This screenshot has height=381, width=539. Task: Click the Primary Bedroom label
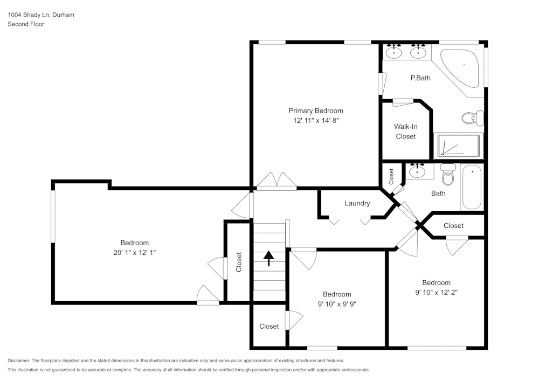(x=315, y=111)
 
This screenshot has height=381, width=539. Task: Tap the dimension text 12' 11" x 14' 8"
(x=315, y=121)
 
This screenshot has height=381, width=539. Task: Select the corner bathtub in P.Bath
(x=462, y=67)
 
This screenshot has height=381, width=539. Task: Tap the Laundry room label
(x=357, y=203)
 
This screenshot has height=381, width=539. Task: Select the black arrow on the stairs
(x=268, y=258)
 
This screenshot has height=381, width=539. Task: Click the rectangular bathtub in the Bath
(x=472, y=187)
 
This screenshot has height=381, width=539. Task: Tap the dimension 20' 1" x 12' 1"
(x=134, y=252)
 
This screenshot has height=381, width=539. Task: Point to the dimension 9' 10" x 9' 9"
(x=337, y=303)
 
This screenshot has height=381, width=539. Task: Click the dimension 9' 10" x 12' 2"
(x=436, y=293)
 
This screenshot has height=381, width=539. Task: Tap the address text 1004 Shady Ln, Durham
(x=41, y=15)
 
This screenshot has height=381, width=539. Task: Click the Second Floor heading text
(x=26, y=24)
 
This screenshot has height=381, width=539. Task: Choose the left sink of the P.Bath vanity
(x=396, y=52)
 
